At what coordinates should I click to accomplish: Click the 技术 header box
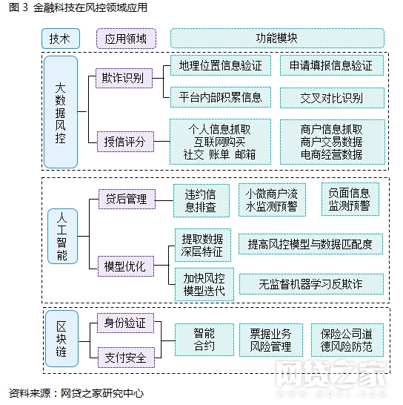click(x=61, y=39)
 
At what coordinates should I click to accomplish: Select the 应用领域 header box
click(x=126, y=39)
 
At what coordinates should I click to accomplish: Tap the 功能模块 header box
click(x=277, y=39)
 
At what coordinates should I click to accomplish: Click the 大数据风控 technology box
click(x=61, y=112)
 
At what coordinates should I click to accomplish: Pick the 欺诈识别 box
click(x=124, y=78)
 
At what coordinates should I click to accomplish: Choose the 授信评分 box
click(x=125, y=142)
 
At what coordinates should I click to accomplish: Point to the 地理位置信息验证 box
click(x=221, y=65)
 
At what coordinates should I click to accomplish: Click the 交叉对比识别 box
click(x=332, y=98)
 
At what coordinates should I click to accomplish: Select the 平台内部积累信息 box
click(x=221, y=97)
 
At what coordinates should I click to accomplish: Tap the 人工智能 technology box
click(x=63, y=236)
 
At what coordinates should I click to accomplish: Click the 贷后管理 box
click(x=127, y=199)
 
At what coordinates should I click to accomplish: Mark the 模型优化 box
click(x=126, y=266)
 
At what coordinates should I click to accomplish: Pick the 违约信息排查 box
click(x=201, y=201)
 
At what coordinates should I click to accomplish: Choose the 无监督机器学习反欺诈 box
click(x=311, y=284)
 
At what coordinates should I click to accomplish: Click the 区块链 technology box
click(x=61, y=339)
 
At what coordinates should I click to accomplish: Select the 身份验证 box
click(x=126, y=323)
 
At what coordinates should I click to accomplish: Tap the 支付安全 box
click(x=126, y=358)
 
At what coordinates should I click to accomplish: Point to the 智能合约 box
click(x=204, y=340)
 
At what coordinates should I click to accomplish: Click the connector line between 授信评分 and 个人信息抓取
click(x=161, y=141)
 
